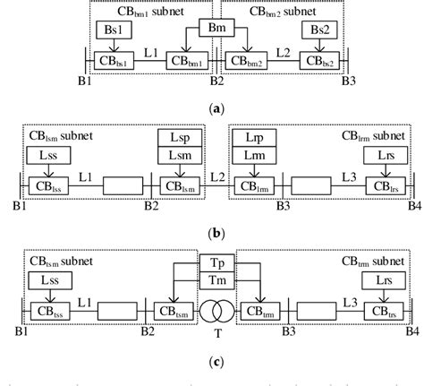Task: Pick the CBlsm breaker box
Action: pos(176,187)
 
